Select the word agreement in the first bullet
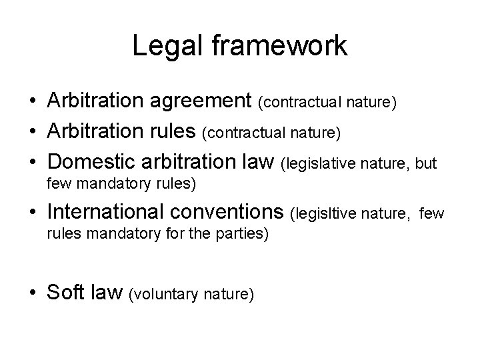tap(203, 102)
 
